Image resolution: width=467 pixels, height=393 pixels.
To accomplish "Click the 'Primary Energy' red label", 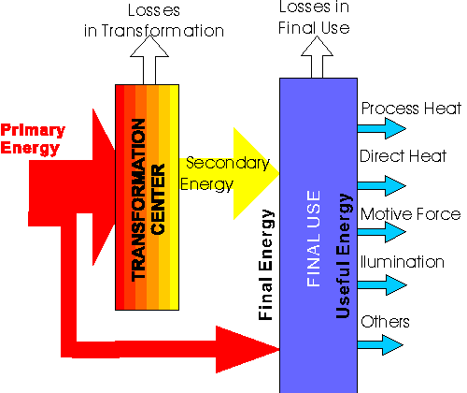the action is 33,139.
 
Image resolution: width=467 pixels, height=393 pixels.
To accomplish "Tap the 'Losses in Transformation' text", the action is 154,21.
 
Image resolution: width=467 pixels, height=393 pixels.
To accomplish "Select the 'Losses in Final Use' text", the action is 314,18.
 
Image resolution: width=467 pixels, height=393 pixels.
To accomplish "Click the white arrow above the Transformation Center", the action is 149,59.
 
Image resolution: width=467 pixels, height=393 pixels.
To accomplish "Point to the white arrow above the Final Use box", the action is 317,57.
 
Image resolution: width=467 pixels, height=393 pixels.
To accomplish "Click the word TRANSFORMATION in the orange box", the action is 138,200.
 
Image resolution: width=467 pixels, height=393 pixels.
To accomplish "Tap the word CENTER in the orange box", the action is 158,199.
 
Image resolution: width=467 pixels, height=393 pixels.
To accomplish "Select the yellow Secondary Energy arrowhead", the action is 256,173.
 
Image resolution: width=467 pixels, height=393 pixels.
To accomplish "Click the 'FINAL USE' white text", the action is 314,239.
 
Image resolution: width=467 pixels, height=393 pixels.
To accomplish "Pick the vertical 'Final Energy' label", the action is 266,265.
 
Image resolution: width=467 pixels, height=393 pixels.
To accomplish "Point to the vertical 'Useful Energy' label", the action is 344,255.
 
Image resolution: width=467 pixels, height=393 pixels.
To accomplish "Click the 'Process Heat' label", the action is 411,109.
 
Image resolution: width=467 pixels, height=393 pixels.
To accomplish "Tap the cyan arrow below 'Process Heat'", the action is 382,128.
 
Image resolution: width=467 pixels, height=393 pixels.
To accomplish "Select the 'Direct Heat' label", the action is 403,156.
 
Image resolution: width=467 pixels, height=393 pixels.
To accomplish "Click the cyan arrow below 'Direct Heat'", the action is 382,185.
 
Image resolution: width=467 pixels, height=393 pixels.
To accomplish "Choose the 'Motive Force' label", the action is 410,214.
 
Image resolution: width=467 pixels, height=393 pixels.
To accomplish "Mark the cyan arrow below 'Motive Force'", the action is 382,232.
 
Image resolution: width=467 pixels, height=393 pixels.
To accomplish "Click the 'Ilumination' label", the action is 403,262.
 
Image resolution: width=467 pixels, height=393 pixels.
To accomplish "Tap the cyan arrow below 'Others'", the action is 380,345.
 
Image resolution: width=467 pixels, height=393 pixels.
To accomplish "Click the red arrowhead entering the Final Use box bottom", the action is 248,350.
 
